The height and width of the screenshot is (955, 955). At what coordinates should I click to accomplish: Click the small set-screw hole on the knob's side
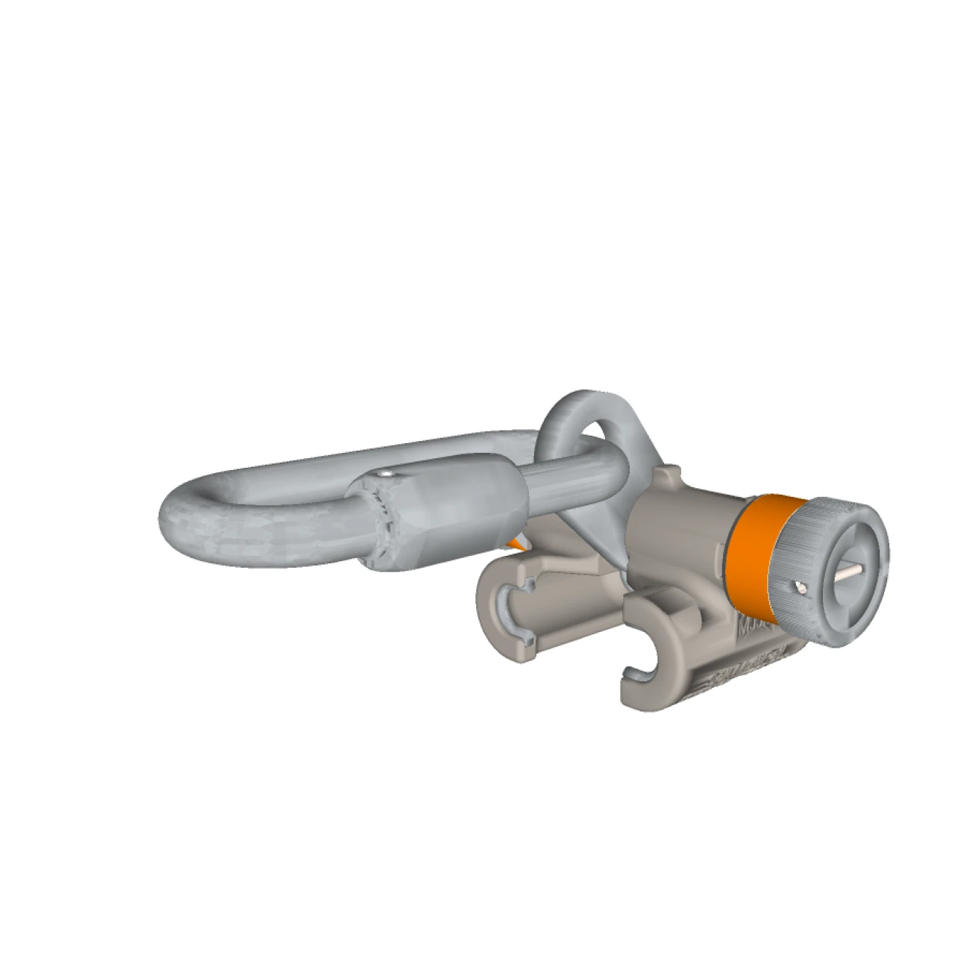[x=801, y=588]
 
